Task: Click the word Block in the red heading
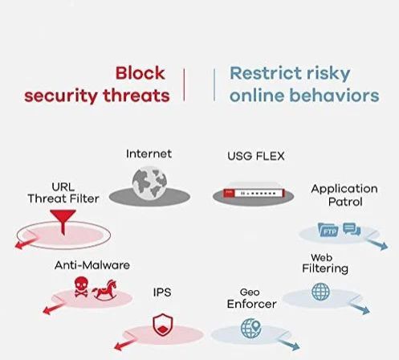pos(140,73)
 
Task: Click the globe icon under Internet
pos(149,183)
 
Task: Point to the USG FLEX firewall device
pos(254,192)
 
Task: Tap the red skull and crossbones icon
pos(81,287)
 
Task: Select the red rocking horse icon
pos(105,289)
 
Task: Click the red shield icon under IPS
pos(163,325)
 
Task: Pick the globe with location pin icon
pos(250,328)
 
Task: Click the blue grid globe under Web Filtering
pos(320,292)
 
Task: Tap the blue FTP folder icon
pos(328,230)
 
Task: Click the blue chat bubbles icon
pos(352,229)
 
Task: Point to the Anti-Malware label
pos(92,265)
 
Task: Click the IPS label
pos(162,292)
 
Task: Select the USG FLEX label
pos(256,156)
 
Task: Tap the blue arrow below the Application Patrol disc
pos(377,244)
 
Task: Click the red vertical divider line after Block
pos(184,84)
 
